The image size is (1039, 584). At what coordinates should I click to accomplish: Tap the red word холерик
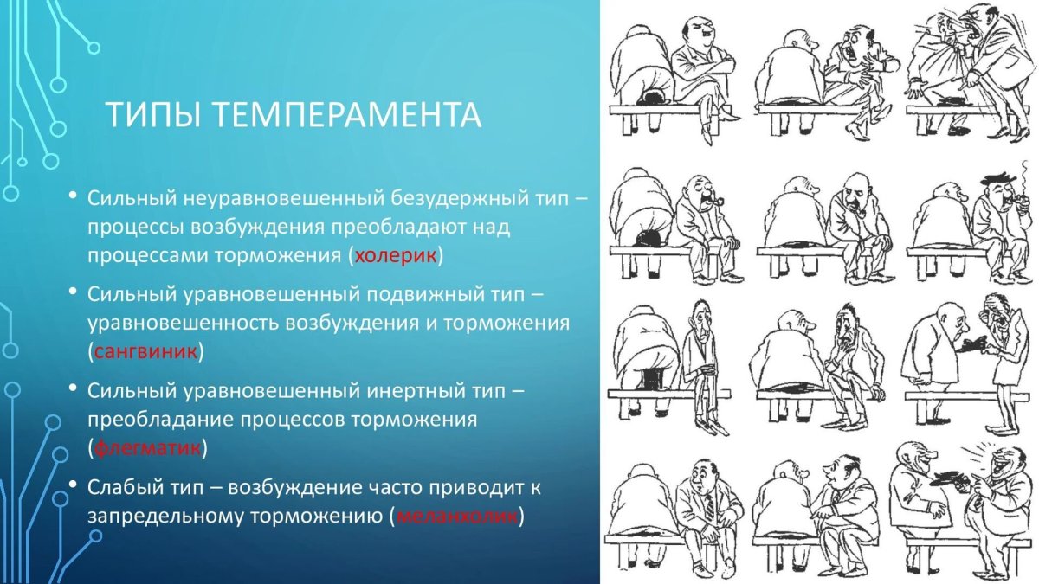pos(397,256)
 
